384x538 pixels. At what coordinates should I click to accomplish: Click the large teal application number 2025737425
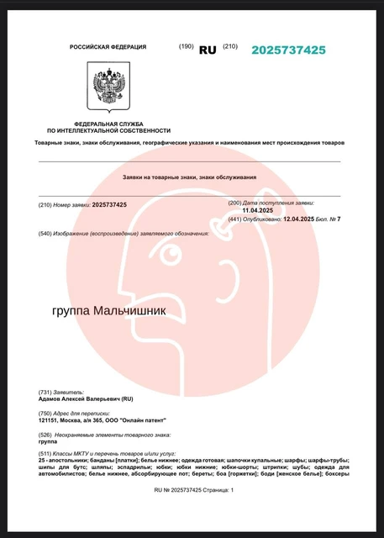tap(288, 50)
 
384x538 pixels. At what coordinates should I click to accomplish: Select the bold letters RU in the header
tap(207, 50)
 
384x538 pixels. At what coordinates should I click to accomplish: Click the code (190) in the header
tap(186, 47)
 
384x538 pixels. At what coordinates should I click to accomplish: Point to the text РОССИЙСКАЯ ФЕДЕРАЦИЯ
tap(108, 47)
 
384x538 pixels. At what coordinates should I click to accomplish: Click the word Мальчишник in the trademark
tap(129, 311)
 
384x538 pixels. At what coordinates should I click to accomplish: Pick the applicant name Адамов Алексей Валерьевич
tap(76, 399)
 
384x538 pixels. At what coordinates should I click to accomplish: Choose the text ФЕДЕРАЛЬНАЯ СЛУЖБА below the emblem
tap(108, 124)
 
